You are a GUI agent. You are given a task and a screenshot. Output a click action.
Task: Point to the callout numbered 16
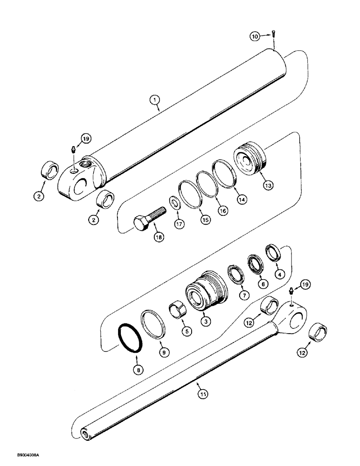222,211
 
